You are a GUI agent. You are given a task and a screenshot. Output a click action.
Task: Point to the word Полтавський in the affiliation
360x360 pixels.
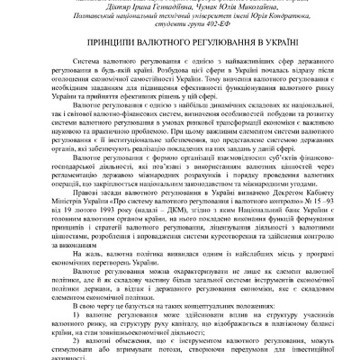[83, 19]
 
